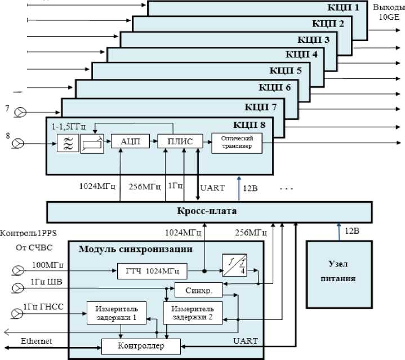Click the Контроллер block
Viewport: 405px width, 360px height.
point(141,344)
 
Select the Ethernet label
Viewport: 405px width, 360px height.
point(37,341)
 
